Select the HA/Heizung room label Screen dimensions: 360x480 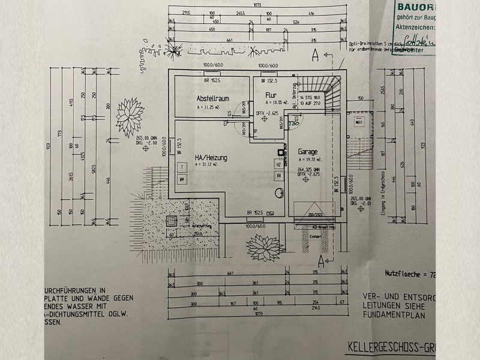[x=211, y=158]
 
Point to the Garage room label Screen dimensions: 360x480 [x=307, y=152]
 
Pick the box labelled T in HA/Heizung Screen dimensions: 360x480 [x=181, y=166]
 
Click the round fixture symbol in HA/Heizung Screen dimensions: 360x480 [x=278, y=193]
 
